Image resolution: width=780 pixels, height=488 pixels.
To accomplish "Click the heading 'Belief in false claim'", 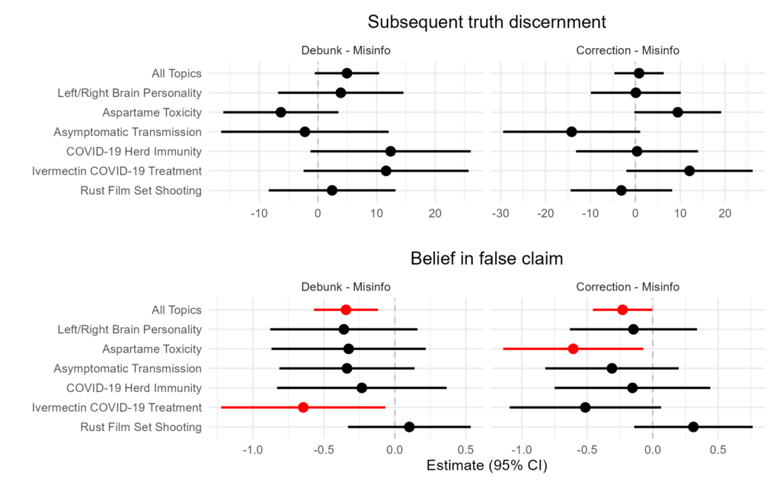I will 487,258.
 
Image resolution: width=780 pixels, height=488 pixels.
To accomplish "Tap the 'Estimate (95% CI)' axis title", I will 487,465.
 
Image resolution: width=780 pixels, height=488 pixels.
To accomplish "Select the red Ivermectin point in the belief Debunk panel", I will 303,407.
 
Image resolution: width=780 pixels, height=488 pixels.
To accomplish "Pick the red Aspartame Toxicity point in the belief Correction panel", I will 573,348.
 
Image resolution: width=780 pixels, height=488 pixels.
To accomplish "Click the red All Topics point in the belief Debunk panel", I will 346,310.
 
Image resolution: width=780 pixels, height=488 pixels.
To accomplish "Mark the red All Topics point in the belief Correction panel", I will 622,310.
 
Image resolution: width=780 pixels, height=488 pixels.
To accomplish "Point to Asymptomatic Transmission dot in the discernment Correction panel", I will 571,132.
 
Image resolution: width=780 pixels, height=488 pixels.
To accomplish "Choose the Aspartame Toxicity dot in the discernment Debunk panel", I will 280,112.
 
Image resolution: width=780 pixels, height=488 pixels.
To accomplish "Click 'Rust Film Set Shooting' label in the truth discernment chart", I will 141,191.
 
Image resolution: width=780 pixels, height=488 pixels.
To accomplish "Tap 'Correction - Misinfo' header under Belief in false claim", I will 628,287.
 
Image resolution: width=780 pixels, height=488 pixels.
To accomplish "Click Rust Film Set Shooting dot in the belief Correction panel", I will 693,427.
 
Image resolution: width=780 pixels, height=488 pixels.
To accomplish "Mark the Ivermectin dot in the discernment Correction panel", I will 689,171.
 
